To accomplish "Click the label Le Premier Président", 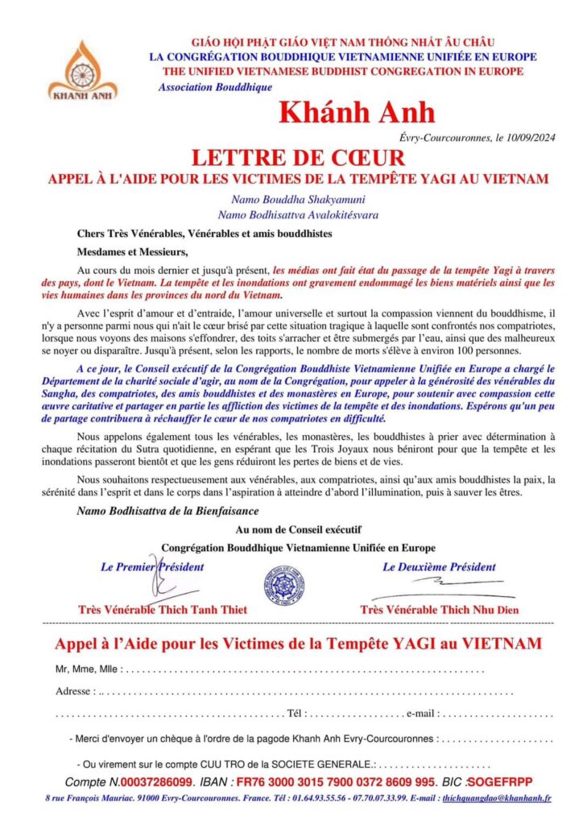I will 152,566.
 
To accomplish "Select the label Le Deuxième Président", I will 439,566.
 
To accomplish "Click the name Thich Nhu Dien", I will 466,609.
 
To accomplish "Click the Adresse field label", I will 75,691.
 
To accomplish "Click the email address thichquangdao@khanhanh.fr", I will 497,798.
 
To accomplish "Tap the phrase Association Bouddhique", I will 215,87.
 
